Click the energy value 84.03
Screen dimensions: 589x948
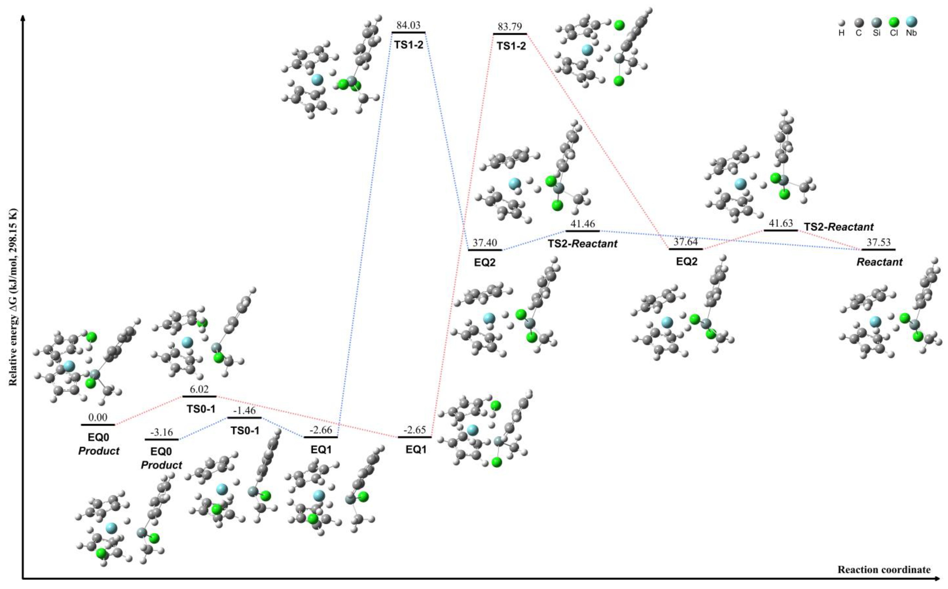pyautogui.click(x=408, y=25)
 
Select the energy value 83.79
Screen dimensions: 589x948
pyautogui.click(x=510, y=27)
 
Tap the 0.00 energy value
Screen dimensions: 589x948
pyautogui.click(x=98, y=418)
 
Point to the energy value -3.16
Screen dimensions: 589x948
pyautogui.click(x=161, y=432)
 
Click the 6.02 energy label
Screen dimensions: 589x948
pyautogui.click(x=199, y=389)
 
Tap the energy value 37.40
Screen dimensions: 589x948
pyautogui.click(x=485, y=243)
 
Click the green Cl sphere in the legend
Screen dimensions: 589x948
pyautogui.click(x=893, y=22)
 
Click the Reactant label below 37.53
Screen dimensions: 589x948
pyautogui.click(x=879, y=262)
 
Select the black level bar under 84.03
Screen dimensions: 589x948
pyautogui.click(x=408, y=32)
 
